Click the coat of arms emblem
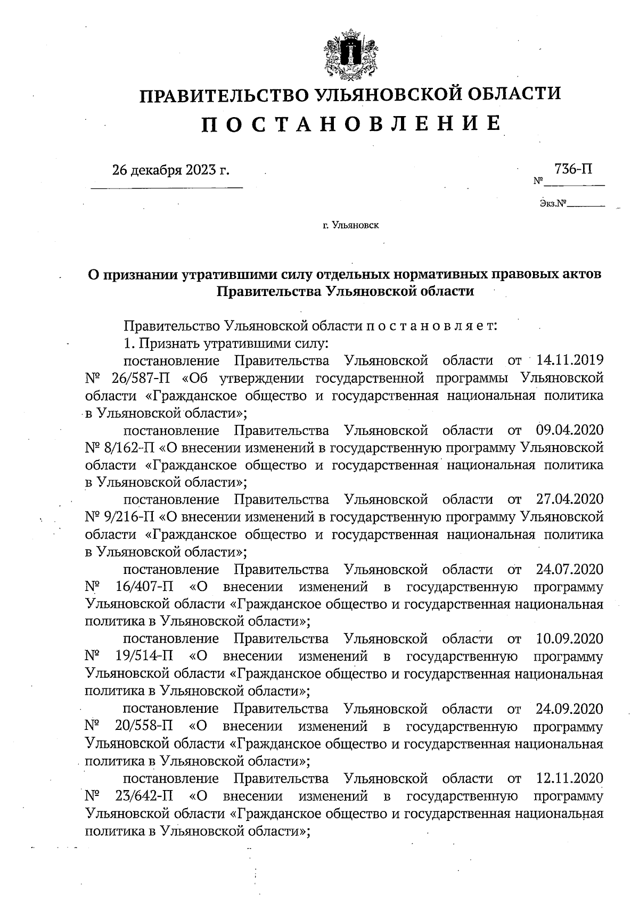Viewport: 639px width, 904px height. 351,54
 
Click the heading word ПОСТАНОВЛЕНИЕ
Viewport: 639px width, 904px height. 351,124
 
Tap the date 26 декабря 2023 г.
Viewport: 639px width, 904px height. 171,170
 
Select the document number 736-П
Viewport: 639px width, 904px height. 573,169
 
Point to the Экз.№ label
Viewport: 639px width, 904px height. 552,203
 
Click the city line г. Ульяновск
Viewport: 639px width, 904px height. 350,226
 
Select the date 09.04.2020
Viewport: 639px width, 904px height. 568,430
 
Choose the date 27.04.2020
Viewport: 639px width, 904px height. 568,499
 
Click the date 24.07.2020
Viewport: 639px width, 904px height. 568,569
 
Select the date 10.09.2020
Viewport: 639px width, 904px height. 568,638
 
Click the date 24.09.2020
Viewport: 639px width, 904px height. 568,709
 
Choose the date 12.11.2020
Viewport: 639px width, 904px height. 568,779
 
